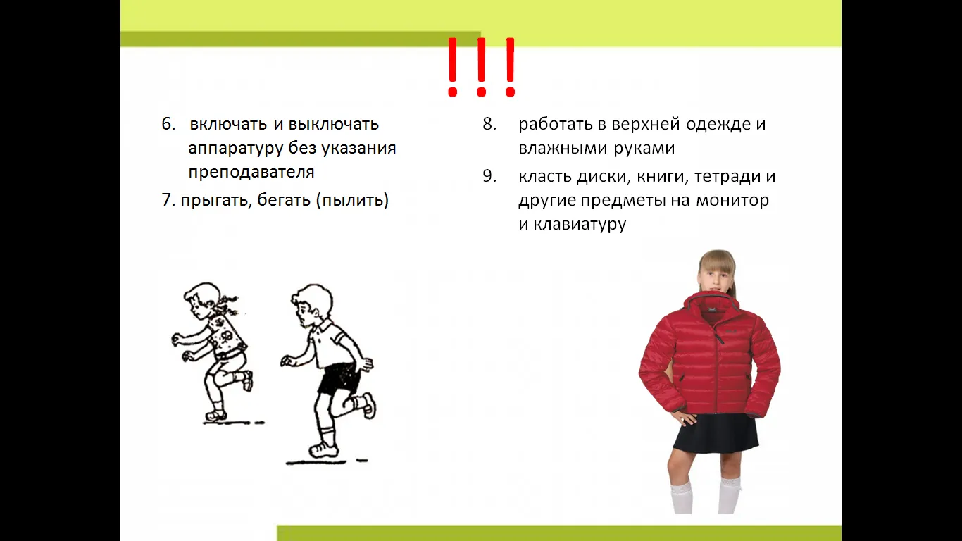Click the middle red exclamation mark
481,67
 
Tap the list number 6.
168,124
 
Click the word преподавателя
251,172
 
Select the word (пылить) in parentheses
352,200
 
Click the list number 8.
489,124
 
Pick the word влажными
563,148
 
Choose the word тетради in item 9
727,177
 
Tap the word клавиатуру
580,224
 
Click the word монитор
732,201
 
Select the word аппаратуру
236,149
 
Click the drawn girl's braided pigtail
227,304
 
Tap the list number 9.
489,177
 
